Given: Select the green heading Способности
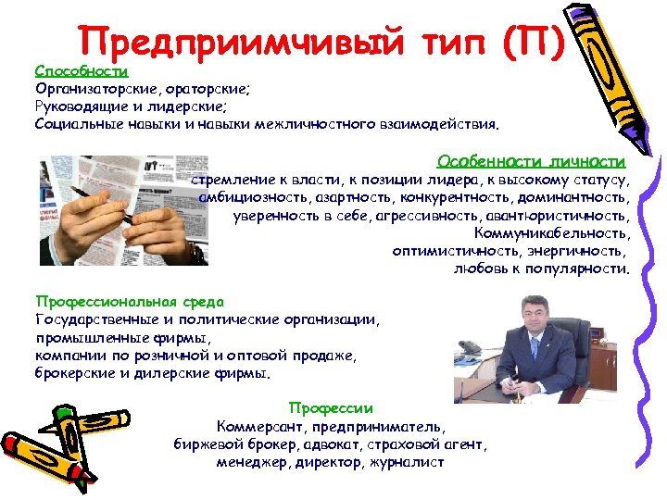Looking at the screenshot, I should [x=81, y=70].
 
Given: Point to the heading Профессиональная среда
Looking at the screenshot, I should [x=130, y=302].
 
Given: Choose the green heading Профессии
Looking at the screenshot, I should [x=331, y=407].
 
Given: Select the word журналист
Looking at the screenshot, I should [x=407, y=461].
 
